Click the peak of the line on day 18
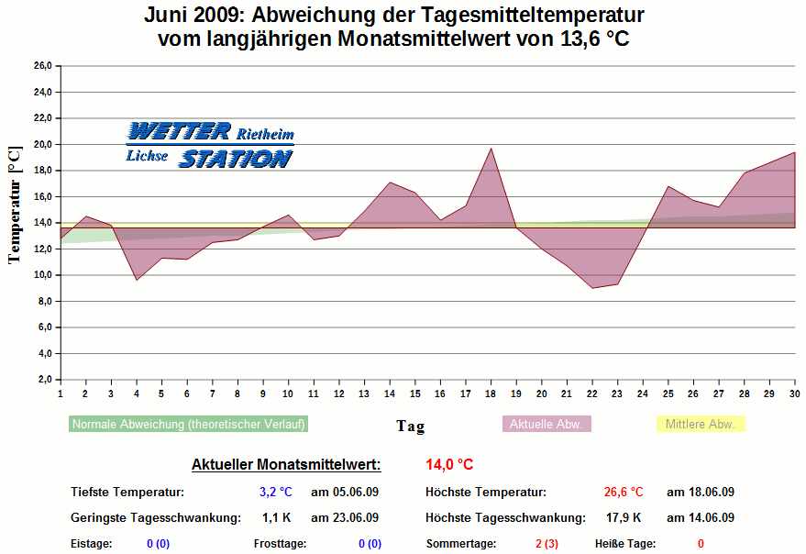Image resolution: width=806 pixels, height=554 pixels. click(491, 149)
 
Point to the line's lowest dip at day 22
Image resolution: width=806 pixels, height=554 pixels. click(592, 288)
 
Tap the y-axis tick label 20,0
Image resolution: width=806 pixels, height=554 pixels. click(43, 144)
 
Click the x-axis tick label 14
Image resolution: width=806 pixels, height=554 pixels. click(390, 393)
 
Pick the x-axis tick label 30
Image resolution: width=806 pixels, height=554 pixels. click(794, 393)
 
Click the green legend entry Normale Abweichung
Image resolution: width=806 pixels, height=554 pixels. click(188, 425)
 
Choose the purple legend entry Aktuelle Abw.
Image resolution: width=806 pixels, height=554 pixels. click(547, 425)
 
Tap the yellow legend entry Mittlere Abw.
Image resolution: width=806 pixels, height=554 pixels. click(701, 425)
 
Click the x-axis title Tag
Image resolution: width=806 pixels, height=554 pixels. click(410, 426)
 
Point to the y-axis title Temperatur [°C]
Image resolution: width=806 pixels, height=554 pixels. click(14, 204)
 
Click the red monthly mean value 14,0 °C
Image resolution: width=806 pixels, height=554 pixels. click(449, 465)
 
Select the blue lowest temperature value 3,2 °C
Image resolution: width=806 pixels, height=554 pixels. click(275, 493)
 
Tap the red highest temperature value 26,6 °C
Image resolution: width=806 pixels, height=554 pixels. click(624, 493)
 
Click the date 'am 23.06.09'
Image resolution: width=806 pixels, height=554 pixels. click(345, 518)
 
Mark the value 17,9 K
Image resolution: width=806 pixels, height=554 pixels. click(624, 518)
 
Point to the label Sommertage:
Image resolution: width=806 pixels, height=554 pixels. click(461, 544)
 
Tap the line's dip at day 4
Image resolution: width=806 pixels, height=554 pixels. click(137, 280)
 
